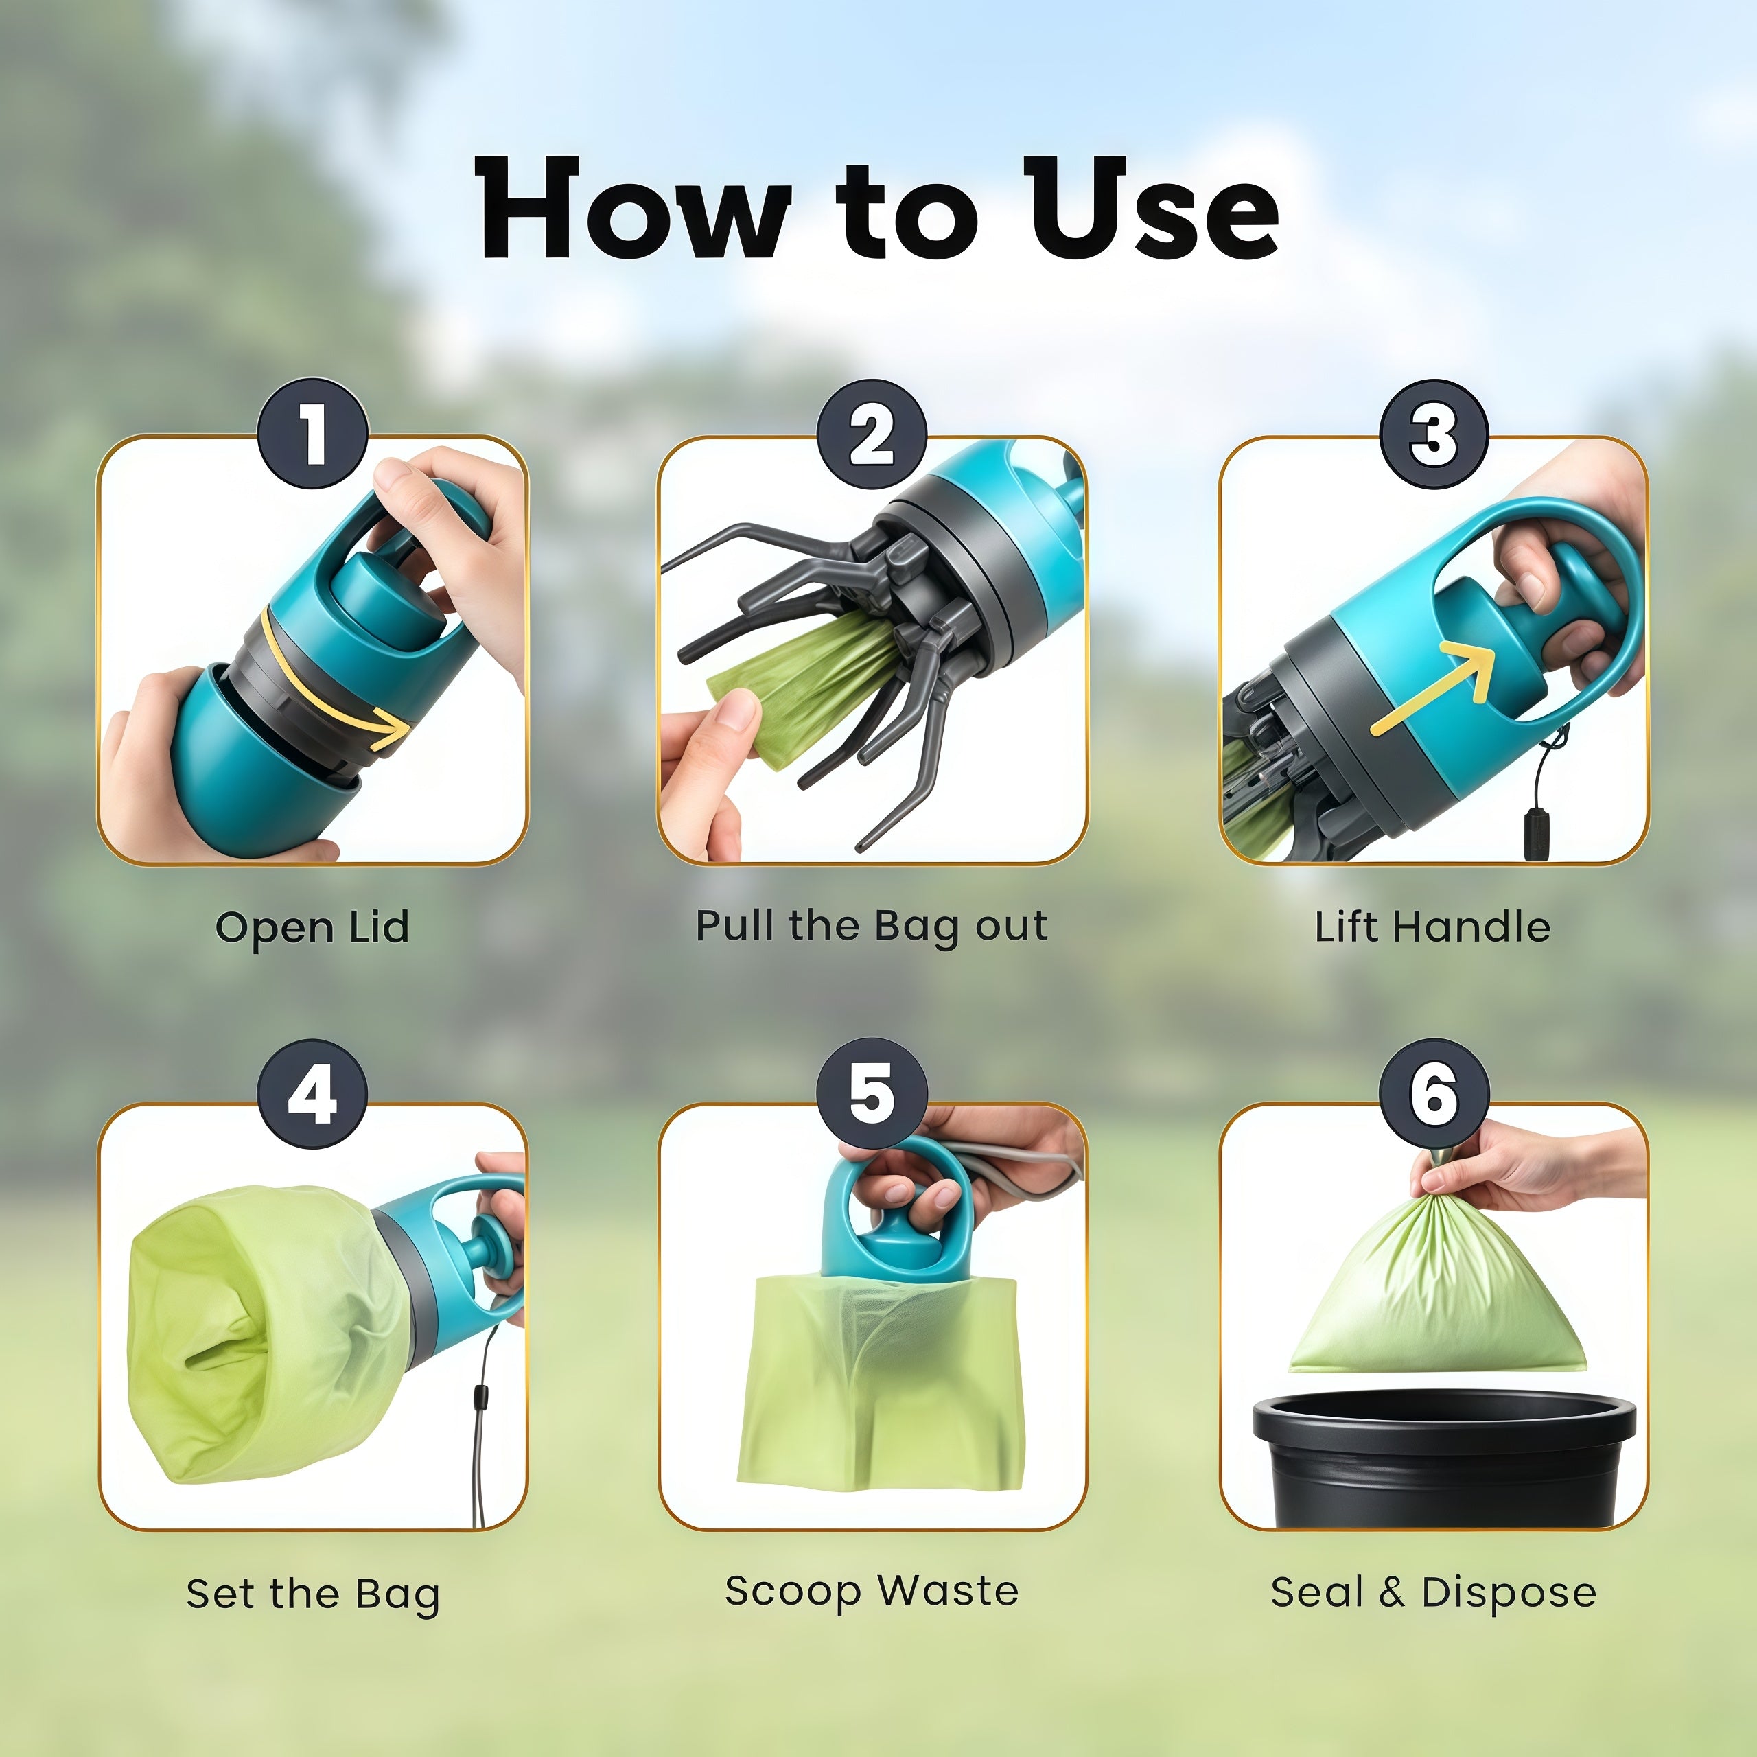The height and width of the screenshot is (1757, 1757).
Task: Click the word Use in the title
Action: pos(1152,207)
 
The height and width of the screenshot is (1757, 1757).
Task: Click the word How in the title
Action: pos(633,207)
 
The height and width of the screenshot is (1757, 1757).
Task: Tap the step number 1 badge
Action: pos(313,434)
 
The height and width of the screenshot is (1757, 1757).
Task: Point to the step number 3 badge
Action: pos(1434,434)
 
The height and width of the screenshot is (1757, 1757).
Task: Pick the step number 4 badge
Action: pos(313,1094)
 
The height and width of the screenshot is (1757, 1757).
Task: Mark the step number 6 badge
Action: pos(1434,1094)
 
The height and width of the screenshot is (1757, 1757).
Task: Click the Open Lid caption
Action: pos(312,929)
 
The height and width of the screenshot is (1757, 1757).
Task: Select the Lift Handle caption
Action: pos(1432,927)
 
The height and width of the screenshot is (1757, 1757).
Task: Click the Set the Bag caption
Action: pos(313,1594)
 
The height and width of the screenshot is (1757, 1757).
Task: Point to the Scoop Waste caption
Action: pos(871,1592)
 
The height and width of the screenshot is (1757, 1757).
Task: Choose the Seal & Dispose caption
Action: pos(1433,1592)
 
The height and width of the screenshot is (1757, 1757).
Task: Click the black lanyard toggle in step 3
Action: pos(1537,832)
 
